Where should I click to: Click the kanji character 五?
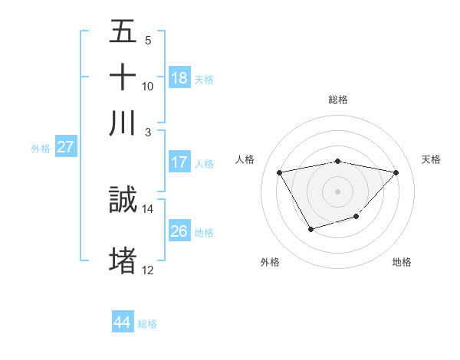click(x=123, y=31)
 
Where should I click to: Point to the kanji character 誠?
click(x=123, y=200)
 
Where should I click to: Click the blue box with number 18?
click(x=179, y=77)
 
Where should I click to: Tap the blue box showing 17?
click(x=179, y=162)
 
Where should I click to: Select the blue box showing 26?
click(x=179, y=231)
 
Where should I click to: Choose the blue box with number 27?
click(x=65, y=146)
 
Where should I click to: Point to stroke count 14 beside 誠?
click(x=148, y=208)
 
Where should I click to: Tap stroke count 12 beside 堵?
click(x=148, y=270)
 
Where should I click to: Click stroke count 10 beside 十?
click(x=148, y=86)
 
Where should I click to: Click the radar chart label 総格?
click(x=338, y=100)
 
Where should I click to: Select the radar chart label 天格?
click(x=432, y=159)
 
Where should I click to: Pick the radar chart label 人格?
click(x=245, y=159)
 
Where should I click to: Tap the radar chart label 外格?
click(x=270, y=262)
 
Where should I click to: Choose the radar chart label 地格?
click(x=402, y=262)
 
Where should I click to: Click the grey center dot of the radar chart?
click(x=338, y=191)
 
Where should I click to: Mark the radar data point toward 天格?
click(x=396, y=172)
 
